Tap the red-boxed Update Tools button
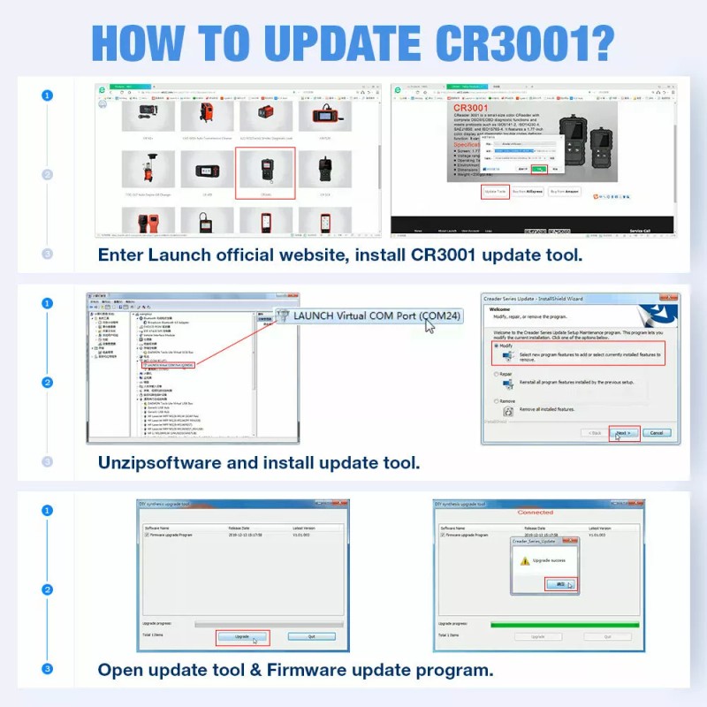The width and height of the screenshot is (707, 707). (x=495, y=191)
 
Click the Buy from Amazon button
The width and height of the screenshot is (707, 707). (x=566, y=191)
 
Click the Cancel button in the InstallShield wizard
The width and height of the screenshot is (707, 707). (x=656, y=433)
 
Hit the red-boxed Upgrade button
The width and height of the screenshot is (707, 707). (x=242, y=636)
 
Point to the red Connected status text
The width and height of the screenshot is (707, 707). (x=535, y=512)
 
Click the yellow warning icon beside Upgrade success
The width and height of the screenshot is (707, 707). (x=525, y=560)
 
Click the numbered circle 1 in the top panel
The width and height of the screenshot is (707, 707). (x=47, y=95)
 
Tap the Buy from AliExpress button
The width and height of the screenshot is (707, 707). (x=530, y=191)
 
